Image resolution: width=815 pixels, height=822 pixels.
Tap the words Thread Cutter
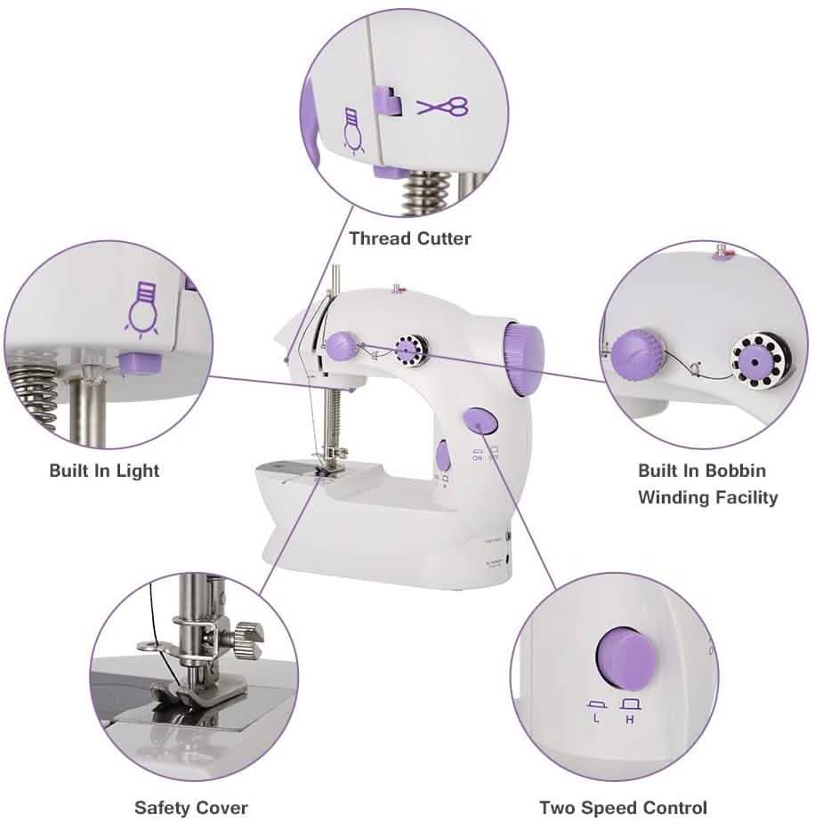coord(409,238)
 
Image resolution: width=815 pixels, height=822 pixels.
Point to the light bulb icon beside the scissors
coord(353,132)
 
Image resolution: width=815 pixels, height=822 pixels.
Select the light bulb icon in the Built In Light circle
coord(144,306)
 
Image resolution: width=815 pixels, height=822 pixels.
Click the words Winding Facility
coord(707,497)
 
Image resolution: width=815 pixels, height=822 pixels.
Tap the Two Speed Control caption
coord(623,808)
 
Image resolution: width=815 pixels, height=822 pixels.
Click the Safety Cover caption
coord(191,808)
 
